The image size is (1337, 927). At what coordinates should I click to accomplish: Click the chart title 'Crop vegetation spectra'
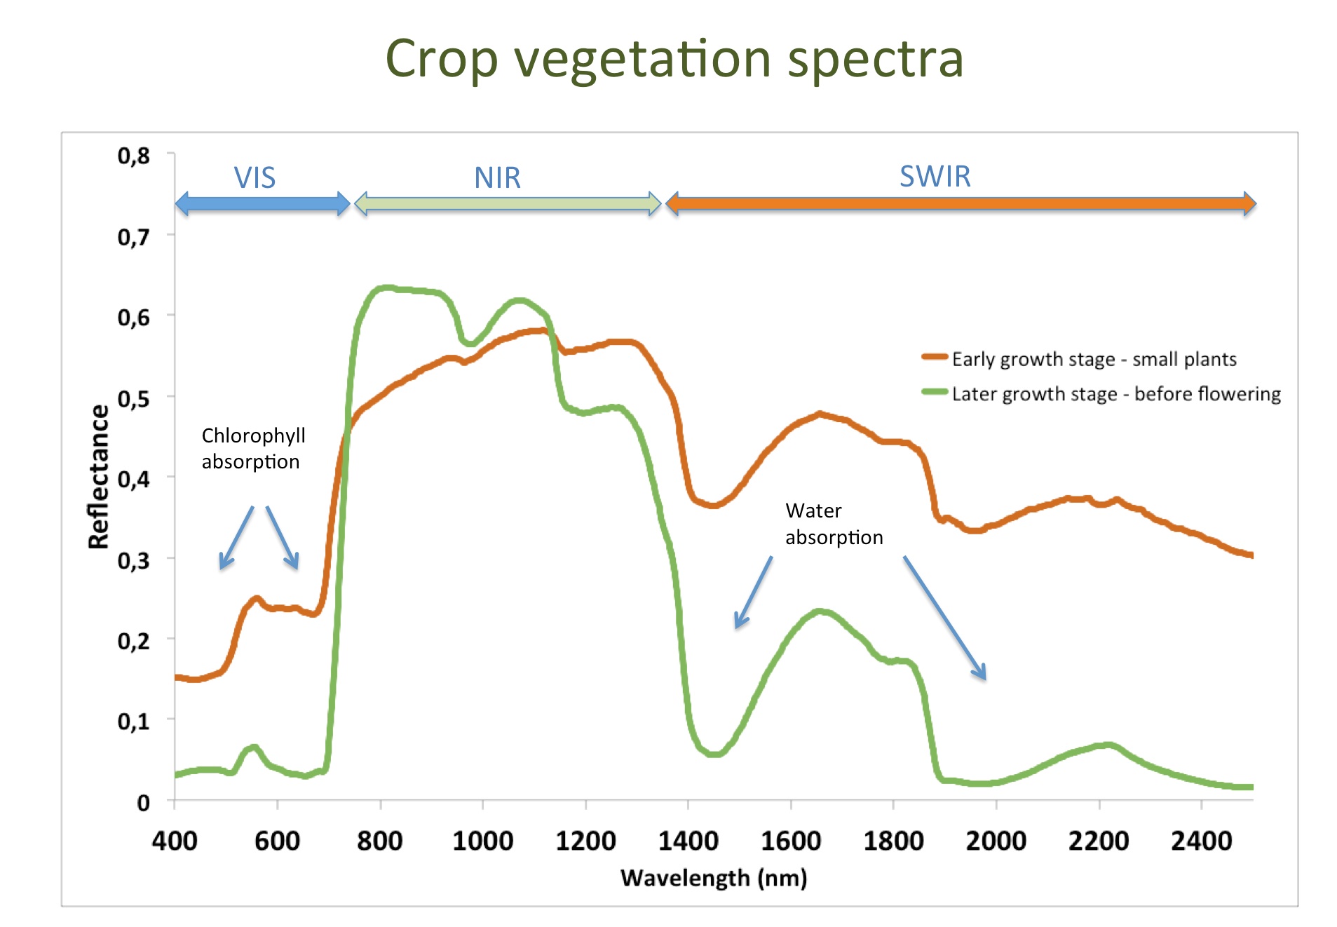(x=674, y=59)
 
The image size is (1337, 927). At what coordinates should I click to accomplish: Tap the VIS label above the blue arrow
(x=254, y=178)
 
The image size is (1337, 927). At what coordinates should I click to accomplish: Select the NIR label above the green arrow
(x=497, y=178)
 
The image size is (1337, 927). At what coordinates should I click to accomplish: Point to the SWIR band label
(x=935, y=177)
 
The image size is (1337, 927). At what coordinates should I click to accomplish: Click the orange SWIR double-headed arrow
(x=961, y=204)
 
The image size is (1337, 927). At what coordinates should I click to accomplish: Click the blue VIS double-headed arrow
(x=262, y=204)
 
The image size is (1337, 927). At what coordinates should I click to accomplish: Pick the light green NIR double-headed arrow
(x=508, y=204)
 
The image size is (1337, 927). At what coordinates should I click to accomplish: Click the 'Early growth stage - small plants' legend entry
(x=1094, y=359)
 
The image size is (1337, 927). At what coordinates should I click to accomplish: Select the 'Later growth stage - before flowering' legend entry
(x=1115, y=394)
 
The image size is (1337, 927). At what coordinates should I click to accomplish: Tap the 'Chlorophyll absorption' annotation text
(x=253, y=449)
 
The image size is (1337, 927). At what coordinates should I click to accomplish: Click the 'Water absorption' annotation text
(x=834, y=524)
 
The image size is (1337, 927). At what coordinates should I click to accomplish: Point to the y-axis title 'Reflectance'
(x=99, y=477)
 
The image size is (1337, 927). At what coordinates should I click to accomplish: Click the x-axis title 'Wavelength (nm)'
(x=714, y=878)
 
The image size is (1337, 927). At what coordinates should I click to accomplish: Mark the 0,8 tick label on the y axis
(x=133, y=156)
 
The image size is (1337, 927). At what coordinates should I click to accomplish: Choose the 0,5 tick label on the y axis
(x=133, y=399)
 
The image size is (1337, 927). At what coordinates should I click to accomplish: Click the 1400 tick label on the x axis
(x=688, y=841)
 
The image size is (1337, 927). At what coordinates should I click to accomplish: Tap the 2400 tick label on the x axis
(x=1201, y=841)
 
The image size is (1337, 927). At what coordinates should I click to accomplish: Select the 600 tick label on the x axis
(x=277, y=841)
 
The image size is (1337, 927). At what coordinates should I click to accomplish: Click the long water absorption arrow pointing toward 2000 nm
(x=944, y=617)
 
